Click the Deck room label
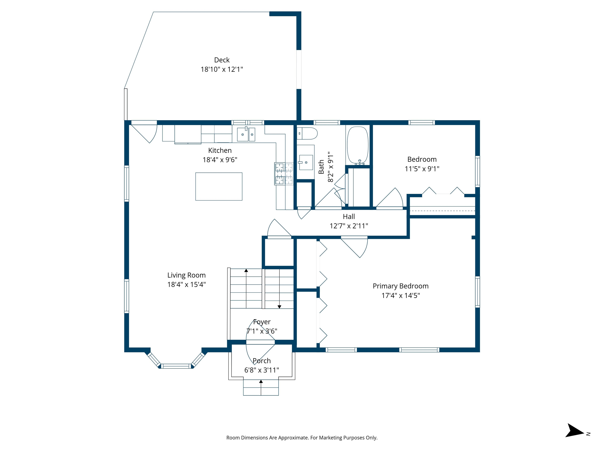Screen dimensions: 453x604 point(222,60)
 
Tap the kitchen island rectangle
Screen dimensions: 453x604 point(219,187)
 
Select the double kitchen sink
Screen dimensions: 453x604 point(246,134)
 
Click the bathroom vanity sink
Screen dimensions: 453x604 point(306,162)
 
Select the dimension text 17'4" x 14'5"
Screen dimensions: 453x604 point(401,296)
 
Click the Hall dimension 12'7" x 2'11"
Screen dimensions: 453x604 point(349,226)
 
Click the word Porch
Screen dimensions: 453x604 point(261,361)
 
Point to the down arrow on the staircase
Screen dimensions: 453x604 point(279,307)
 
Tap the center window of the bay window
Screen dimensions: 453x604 point(176,366)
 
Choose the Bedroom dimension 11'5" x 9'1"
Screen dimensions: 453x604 point(422,169)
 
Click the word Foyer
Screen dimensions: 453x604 point(261,322)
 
